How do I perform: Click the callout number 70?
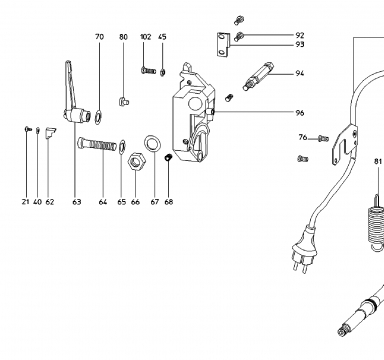point(99,37)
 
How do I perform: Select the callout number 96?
point(300,113)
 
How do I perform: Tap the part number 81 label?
point(378,161)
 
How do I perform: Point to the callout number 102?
point(146,37)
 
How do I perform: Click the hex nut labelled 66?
point(136,161)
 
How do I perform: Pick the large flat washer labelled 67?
point(152,143)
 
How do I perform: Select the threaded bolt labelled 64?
point(97,145)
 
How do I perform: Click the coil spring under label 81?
point(377,224)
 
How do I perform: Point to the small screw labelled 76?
point(323,138)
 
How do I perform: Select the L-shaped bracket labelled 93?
point(223,45)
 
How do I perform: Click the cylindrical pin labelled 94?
point(258,76)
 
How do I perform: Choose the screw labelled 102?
point(148,70)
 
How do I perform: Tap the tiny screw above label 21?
point(28,129)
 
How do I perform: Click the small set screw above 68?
point(168,157)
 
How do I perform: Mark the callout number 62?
point(50,202)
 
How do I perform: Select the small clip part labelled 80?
point(124,101)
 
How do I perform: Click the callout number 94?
point(300,73)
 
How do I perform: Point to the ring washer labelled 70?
point(98,117)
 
